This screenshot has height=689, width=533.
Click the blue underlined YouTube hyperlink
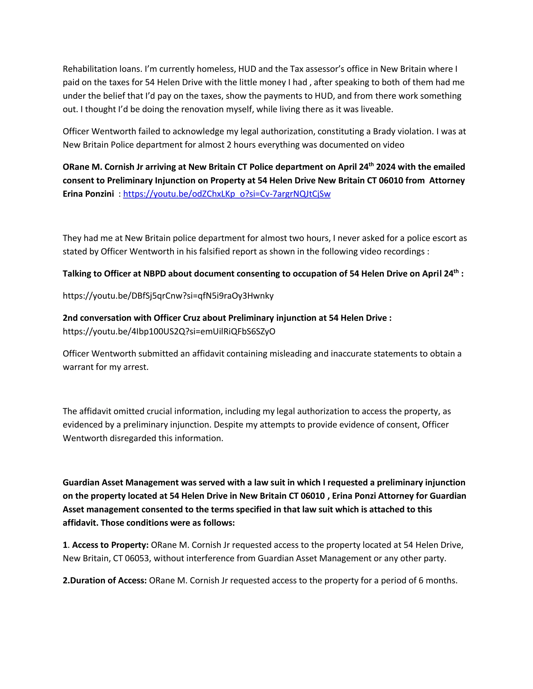pyautogui.click(x=227, y=194)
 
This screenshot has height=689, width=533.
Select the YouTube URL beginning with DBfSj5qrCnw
pyautogui.click(x=168, y=296)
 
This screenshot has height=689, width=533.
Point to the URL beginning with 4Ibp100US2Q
pyautogui.click(x=169, y=331)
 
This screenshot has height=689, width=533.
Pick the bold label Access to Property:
pyautogui.click(x=110, y=545)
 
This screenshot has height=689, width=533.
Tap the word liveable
pyautogui.click(x=376, y=109)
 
